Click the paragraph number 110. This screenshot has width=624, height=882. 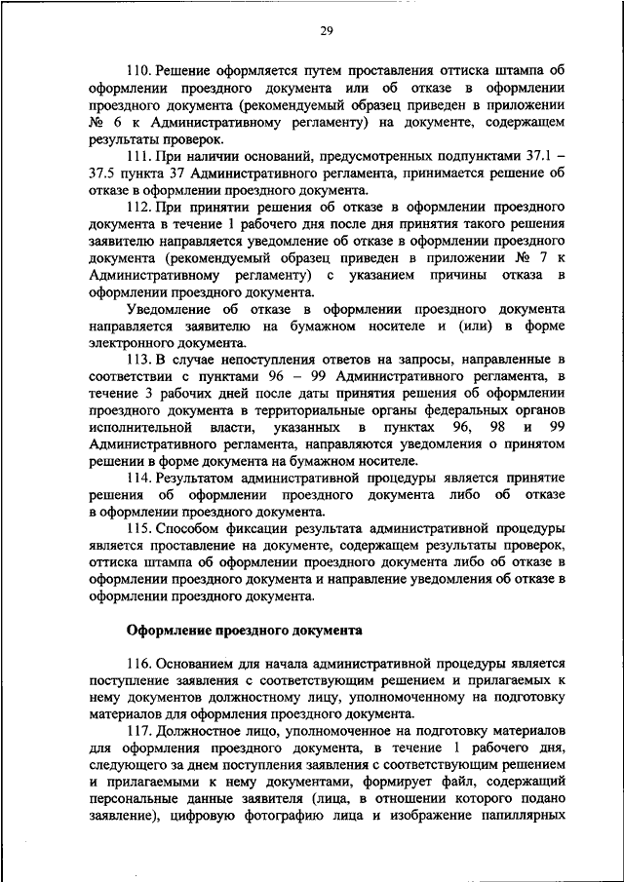click(x=138, y=71)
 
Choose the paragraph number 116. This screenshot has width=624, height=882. click(x=138, y=661)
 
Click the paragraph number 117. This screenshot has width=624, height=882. click(x=138, y=730)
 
